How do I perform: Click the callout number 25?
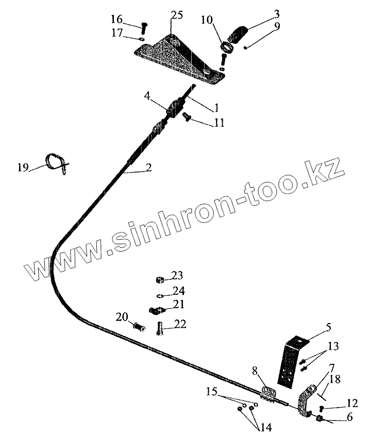point(177,15)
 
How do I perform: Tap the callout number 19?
point(23,167)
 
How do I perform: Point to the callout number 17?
point(117,33)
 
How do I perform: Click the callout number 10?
point(206,21)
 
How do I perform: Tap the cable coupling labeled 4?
point(175,109)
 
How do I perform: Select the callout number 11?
point(219,123)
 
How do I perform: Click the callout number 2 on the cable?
point(148,167)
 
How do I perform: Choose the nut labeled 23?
point(160,280)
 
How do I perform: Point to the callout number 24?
point(178,290)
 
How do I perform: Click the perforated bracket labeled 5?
point(289,363)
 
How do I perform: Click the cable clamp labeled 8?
point(268,394)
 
